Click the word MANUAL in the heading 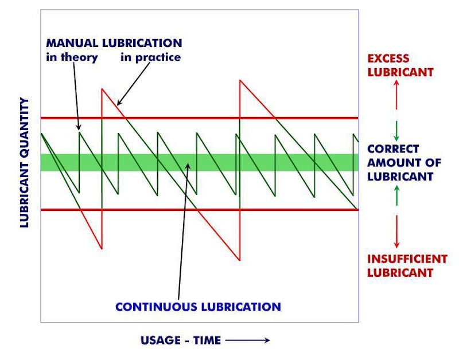pyautogui.click(x=72, y=43)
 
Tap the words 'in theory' pyautogui.click(x=72, y=57)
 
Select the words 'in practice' pyautogui.click(x=150, y=57)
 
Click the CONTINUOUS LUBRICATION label pyautogui.click(x=198, y=307)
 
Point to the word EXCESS pyautogui.click(x=388, y=58)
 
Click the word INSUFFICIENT pyautogui.click(x=407, y=259)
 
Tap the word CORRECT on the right pyautogui.click(x=393, y=149)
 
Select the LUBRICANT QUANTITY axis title pyautogui.click(x=25, y=163)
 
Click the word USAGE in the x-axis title pyautogui.click(x=161, y=341)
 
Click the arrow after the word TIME pyautogui.click(x=247, y=340)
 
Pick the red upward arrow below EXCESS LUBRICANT pyautogui.click(x=396, y=95)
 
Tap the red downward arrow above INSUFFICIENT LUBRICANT pyautogui.click(x=396, y=232)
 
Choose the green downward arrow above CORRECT pyautogui.click(x=396, y=131)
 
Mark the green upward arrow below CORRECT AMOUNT pyautogui.click(x=396, y=195)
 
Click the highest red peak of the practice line pyautogui.click(x=240, y=80)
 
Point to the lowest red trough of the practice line pyautogui.click(x=240, y=260)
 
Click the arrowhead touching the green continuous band pyautogui.click(x=188, y=166)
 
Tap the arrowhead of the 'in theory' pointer pyautogui.click(x=78, y=127)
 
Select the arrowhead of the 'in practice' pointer pyautogui.click(x=119, y=103)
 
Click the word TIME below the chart pyautogui.click(x=207, y=341)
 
